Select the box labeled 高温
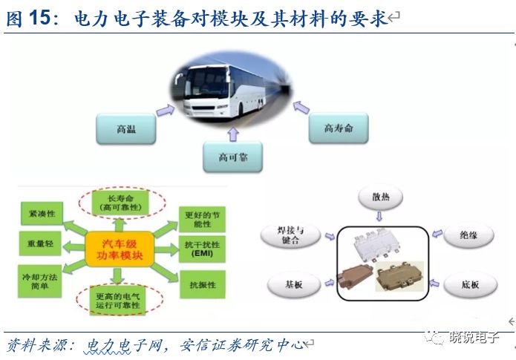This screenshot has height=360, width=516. [126, 128]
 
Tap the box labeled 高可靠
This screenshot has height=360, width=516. [233, 157]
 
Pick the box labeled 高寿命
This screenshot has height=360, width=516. [339, 128]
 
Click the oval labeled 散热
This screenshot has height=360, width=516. [380, 198]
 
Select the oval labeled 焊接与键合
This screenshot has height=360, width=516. [290, 237]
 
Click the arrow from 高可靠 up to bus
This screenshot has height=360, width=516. [232, 134]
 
